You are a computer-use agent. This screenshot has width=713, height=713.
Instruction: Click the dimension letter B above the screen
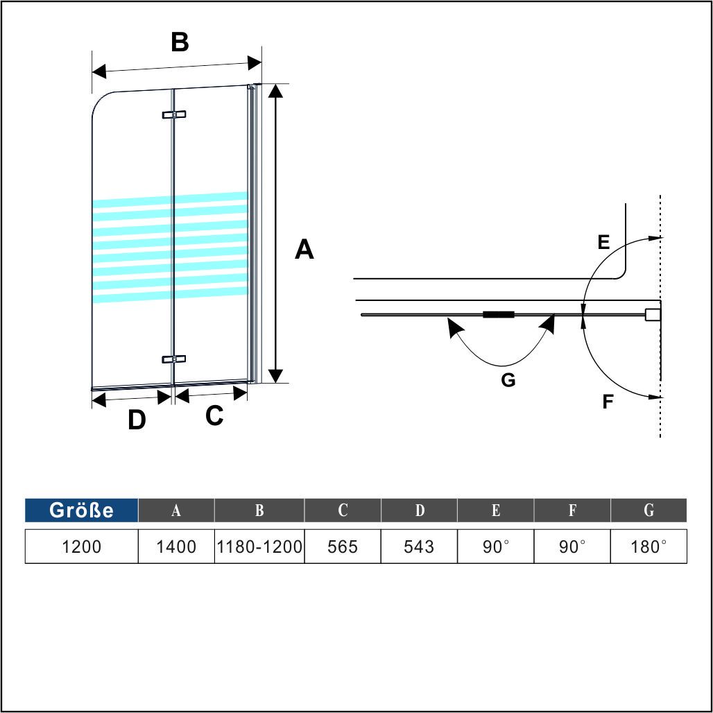pos(180,42)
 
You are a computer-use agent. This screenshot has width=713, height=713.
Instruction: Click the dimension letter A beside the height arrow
pos(304,249)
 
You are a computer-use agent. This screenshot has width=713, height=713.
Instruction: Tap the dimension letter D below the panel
pos(137,420)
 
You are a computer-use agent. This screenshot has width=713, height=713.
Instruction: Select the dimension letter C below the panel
pos(214,415)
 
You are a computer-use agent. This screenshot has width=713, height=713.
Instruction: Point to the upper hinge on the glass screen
pos(174,114)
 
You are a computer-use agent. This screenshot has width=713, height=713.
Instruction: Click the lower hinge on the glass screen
pos(174,359)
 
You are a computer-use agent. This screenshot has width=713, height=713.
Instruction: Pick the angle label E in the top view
pos(603,242)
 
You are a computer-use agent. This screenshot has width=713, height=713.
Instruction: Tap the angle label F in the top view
pos(608,402)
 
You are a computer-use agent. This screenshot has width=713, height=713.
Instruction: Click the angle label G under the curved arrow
pos(508,379)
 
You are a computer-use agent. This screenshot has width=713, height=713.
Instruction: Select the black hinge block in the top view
pos(499,314)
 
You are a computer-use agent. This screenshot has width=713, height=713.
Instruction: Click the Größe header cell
pos(81,510)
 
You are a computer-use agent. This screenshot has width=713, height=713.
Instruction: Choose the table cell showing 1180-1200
pos(259,546)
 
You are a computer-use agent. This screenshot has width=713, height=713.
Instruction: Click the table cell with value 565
pos(343,546)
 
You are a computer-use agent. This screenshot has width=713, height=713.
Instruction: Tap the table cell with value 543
pos(419,546)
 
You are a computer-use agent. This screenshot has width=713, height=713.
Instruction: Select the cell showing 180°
pos(648,546)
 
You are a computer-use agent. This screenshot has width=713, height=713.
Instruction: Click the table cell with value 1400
pos(176,546)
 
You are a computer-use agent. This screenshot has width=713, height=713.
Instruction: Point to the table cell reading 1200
pos(81,546)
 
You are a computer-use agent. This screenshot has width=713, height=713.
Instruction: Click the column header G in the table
pos(648,510)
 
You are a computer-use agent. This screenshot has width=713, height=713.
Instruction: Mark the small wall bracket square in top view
pos(652,314)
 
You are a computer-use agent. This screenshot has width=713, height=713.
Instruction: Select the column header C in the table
pos(343,510)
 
